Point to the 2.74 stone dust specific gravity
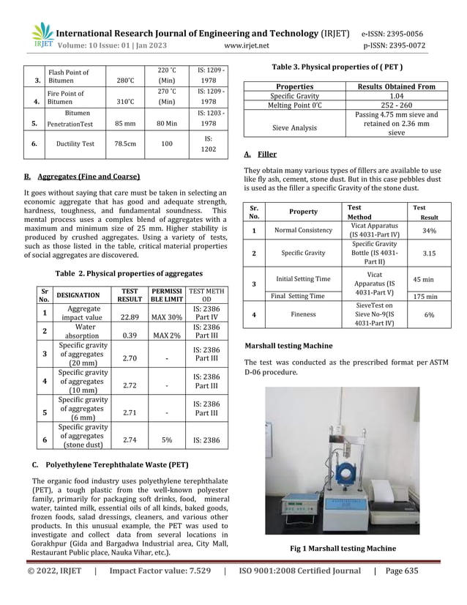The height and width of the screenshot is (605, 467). point(130,441)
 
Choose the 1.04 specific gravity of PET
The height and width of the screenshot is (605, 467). point(396,96)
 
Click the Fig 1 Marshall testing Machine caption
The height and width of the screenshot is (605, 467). point(353,548)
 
